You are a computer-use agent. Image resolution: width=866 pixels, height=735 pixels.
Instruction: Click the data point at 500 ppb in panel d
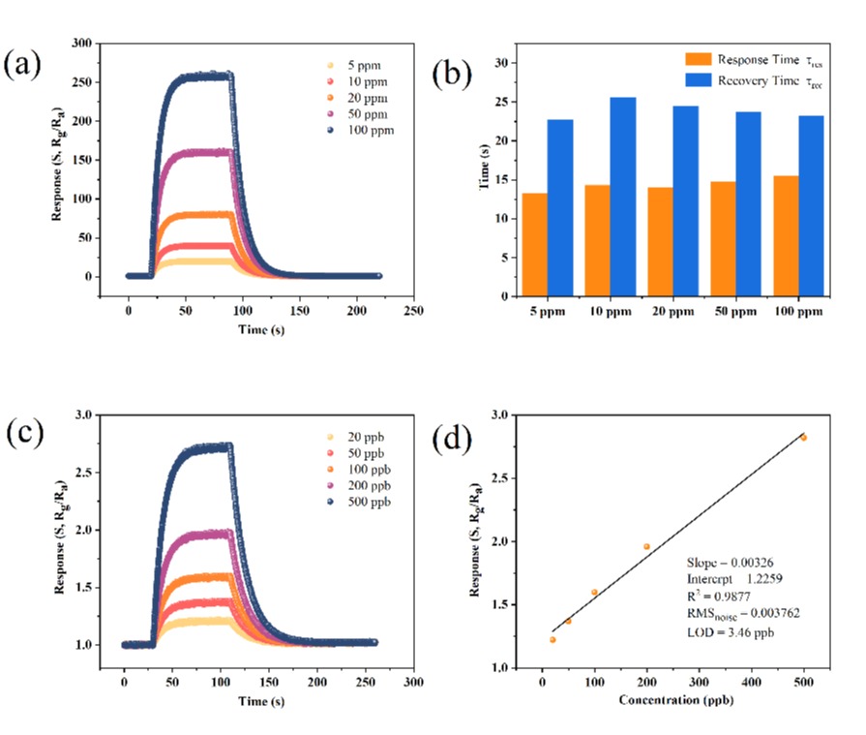coord(803,438)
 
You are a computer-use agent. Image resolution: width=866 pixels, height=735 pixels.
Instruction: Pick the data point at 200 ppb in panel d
coord(646,547)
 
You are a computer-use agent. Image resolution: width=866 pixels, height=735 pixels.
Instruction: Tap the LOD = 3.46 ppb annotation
coord(731,632)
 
